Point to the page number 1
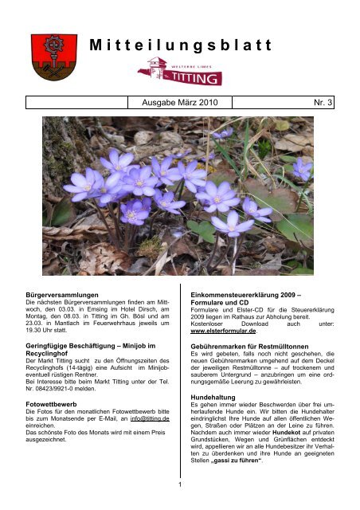(180, 481)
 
